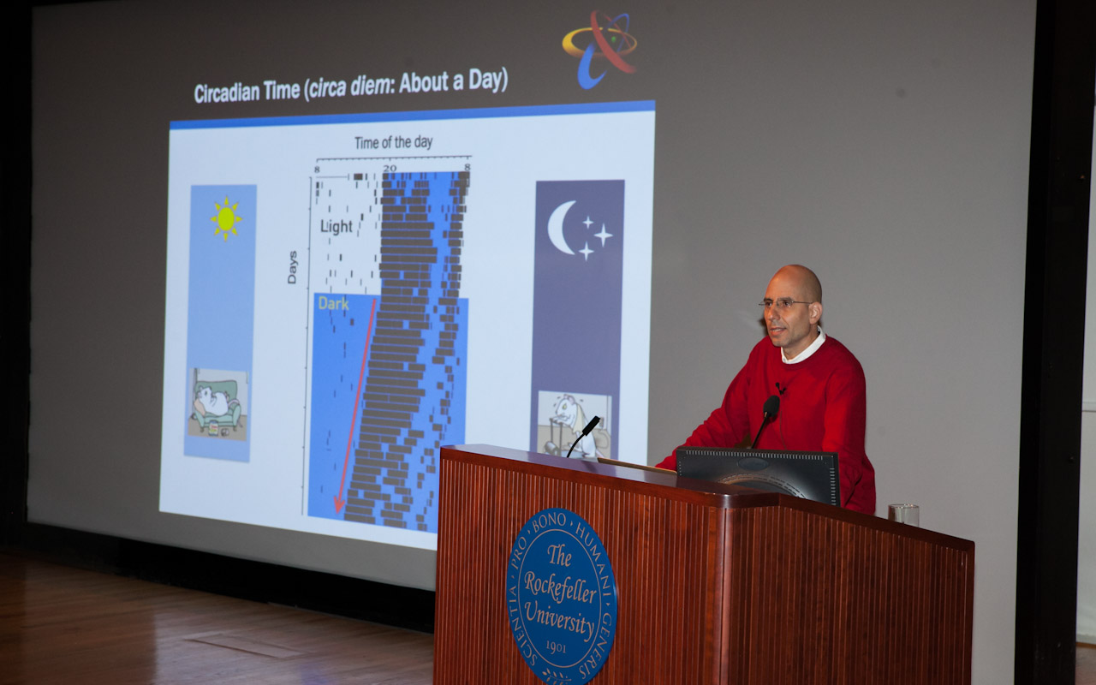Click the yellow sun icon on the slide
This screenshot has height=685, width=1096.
[225, 218]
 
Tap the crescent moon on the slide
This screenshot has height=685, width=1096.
[561, 227]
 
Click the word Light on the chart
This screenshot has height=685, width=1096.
[337, 226]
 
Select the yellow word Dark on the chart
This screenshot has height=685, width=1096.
[333, 304]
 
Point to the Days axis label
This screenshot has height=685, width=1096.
[292, 267]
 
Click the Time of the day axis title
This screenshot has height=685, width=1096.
[393, 142]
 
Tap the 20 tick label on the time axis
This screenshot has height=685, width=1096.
[390, 169]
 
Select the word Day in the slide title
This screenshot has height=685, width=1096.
[485, 80]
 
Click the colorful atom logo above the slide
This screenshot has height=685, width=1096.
[600, 49]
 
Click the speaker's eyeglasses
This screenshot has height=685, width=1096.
[786, 304]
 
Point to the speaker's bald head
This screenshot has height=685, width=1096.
[795, 282]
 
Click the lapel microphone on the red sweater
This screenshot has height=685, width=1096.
[780, 389]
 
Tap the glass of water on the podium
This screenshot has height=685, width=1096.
[903, 515]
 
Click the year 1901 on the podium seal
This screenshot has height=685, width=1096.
[556, 647]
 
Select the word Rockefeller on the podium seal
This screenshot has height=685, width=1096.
[560, 587]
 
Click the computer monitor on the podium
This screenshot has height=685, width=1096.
[758, 474]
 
